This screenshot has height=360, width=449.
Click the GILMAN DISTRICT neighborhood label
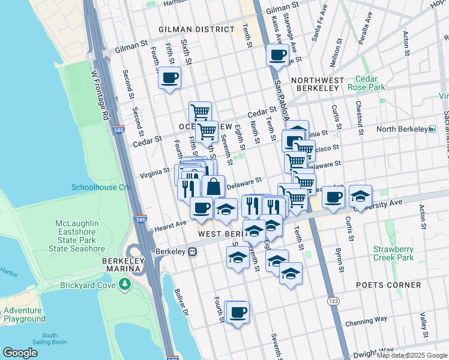pos(196,29)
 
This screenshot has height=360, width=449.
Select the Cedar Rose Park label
pos(370,83)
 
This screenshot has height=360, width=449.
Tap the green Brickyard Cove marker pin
pos(125,284)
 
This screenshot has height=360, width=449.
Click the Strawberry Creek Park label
pos(393,253)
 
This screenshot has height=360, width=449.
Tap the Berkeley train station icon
pos(192,252)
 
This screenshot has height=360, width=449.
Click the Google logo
pos(20,352)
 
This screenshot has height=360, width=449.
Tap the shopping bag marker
pos(213,186)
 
